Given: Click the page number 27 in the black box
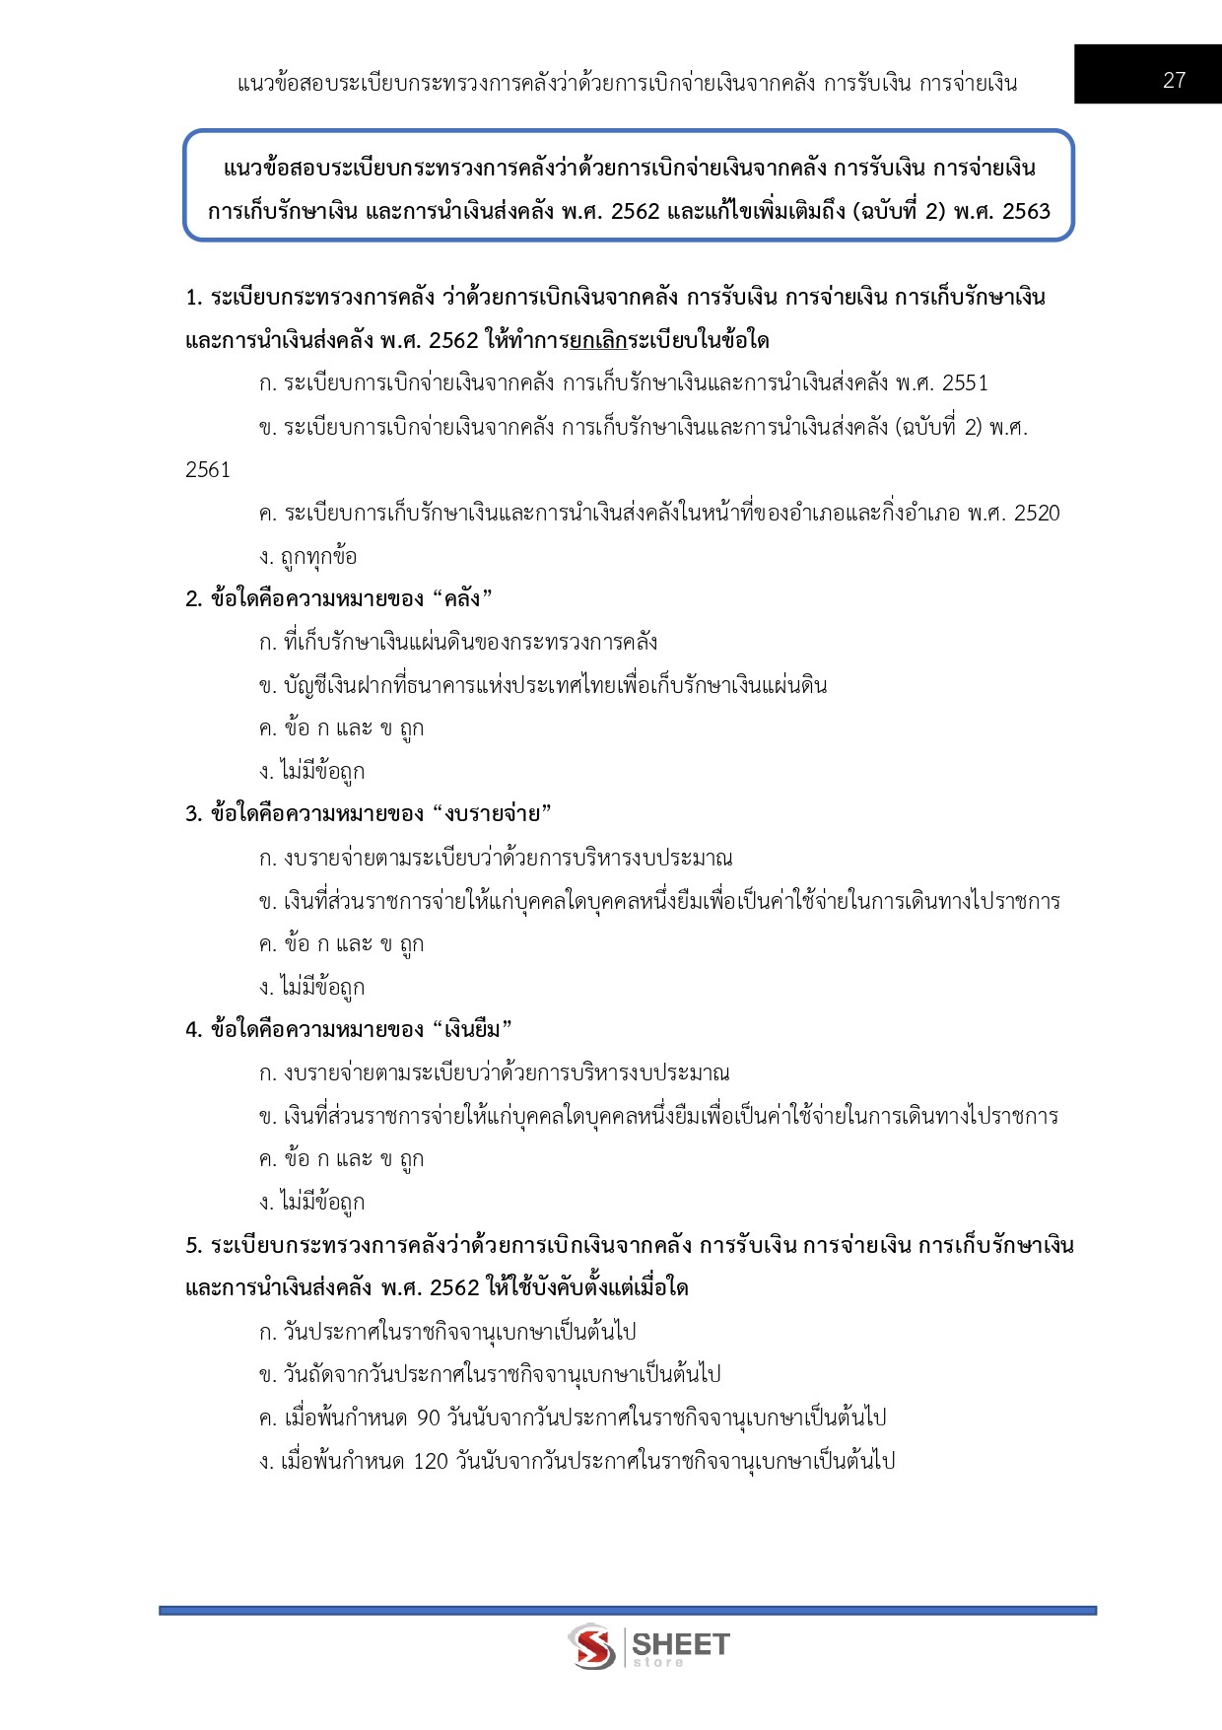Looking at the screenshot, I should [1174, 81].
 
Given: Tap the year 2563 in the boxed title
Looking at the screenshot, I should [1026, 211].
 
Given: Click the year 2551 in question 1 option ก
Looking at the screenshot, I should [965, 383].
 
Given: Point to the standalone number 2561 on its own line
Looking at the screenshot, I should [208, 470].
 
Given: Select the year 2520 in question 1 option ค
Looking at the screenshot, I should [1037, 514].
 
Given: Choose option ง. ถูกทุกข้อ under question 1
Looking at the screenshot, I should [307, 557].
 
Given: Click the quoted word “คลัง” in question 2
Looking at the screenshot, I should [462, 599].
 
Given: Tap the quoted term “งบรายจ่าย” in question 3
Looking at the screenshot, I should [492, 814].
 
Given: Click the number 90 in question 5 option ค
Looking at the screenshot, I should [428, 1419].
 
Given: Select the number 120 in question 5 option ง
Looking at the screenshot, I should [431, 1462].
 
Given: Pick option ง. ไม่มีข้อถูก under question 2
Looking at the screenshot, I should [311, 772].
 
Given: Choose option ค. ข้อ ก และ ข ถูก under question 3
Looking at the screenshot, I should [341, 944].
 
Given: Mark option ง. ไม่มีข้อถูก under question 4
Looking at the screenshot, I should [311, 1203].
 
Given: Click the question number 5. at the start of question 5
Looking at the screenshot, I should [194, 1246].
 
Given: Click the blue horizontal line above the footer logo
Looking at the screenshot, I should [627, 1611].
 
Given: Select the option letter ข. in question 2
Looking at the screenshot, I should [267, 686].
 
